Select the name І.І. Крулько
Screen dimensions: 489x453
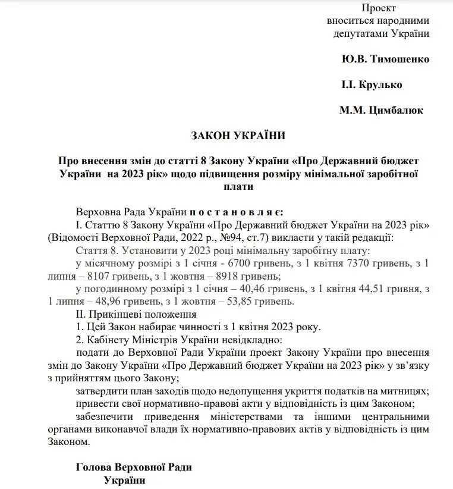[372, 84]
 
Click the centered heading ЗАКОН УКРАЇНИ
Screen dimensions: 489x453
[238, 136]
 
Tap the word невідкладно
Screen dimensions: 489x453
[248, 340]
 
